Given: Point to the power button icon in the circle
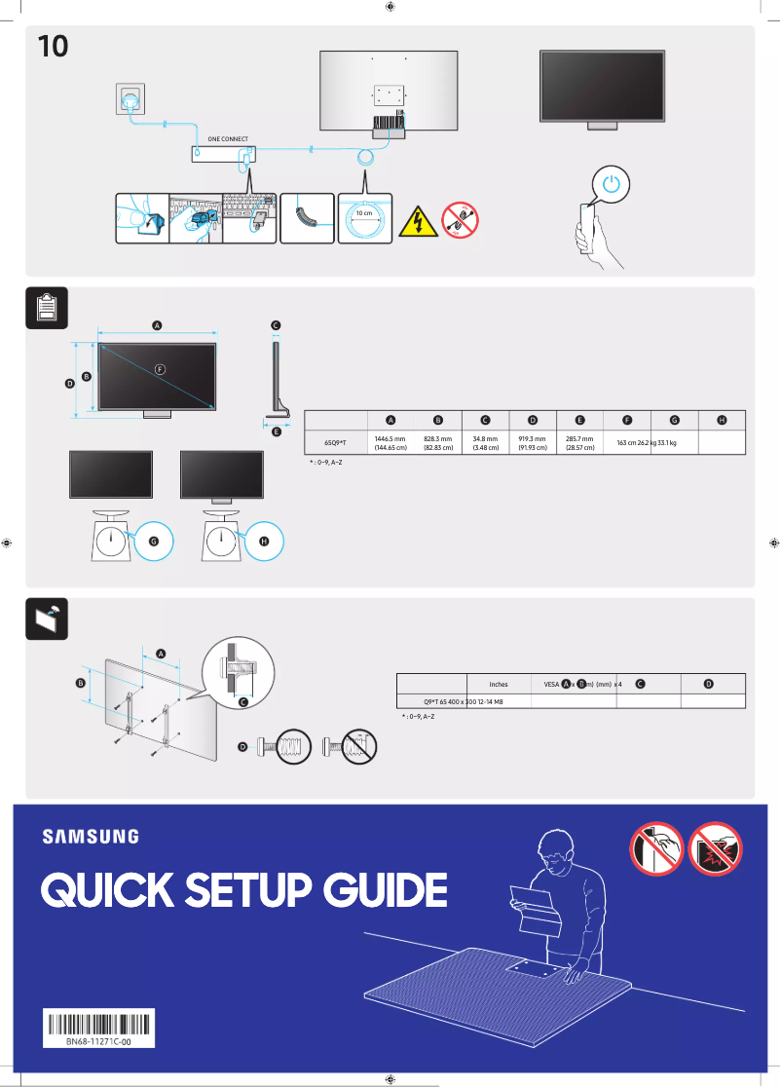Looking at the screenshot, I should pyautogui.click(x=611, y=184).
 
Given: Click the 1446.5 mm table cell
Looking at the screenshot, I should pyautogui.click(x=390, y=443).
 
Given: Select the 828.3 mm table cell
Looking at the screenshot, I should pyautogui.click(x=438, y=443).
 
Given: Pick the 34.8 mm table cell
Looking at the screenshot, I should pyautogui.click(x=485, y=443).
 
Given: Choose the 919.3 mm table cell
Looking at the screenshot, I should pyautogui.click(x=532, y=443).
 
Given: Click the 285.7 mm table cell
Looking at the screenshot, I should pyautogui.click(x=579, y=443).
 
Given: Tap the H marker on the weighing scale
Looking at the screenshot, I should pyautogui.click(x=264, y=541).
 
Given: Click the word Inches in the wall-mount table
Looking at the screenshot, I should pyautogui.click(x=498, y=684).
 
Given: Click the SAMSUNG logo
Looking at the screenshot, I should pyautogui.click(x=90, y=836).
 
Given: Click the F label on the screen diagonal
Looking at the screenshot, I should pyautogui.click(x=161, y=368).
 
